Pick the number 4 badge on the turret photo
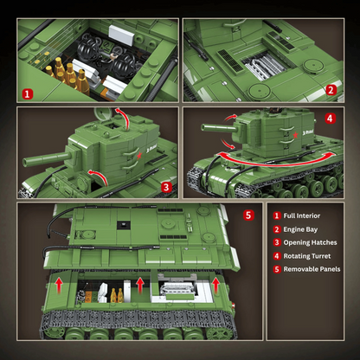coord(331,118)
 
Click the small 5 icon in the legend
coord(277,269)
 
